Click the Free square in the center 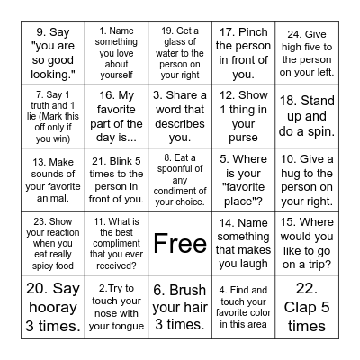180,241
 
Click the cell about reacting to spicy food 57,241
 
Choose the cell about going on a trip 303,241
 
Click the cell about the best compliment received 119,241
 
